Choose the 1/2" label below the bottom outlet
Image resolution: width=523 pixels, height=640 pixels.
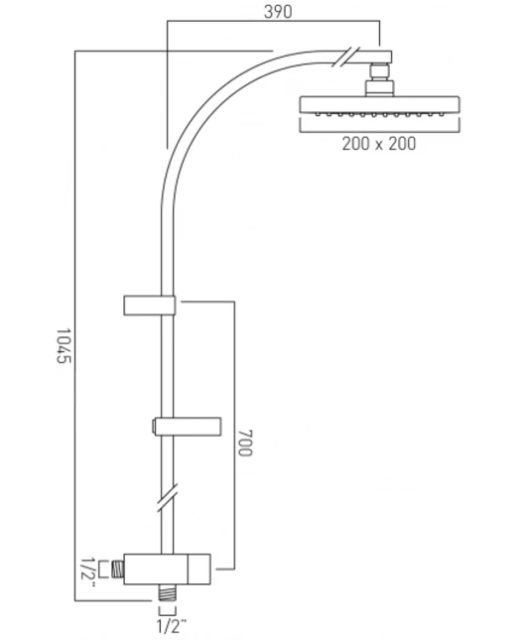pyautogui.click(x=172, y=627)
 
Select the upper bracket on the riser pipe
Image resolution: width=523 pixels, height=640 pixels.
pyautogui.click(x=149, y=305)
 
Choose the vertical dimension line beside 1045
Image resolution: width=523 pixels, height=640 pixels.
pyautogui.click(x=75, y=327)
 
